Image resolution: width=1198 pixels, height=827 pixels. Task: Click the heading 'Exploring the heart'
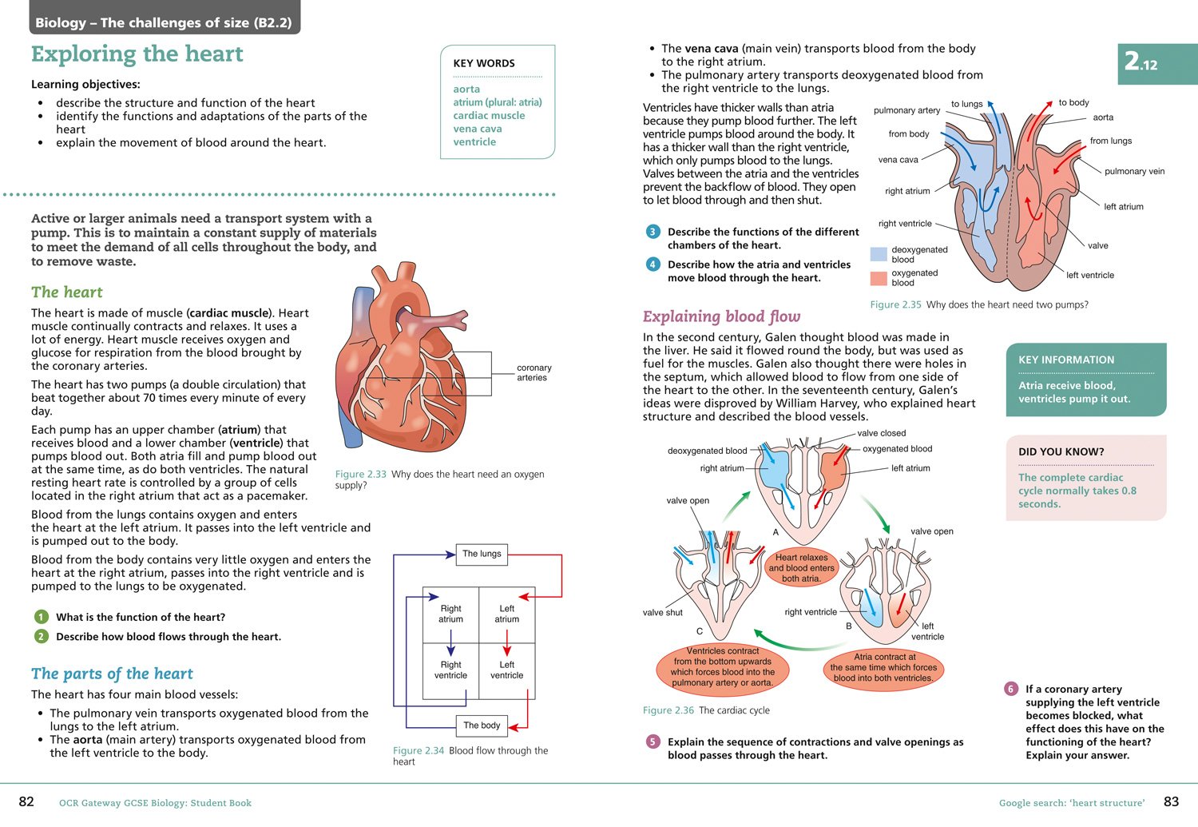pos(137,54)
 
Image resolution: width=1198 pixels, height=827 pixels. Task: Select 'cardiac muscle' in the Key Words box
pos(489,115)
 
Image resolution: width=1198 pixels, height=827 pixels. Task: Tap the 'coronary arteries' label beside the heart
pos(534,372)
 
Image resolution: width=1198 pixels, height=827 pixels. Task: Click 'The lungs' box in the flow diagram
pos(482,554)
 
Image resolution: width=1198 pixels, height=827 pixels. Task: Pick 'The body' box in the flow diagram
pos(482,726)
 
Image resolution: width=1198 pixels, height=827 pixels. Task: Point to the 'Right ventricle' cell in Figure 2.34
pos(450,670)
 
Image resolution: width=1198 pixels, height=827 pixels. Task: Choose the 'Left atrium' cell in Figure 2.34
pos(506,614)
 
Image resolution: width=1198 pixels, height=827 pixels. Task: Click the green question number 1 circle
pos(41,617)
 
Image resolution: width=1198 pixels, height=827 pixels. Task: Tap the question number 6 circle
pos(1011,689)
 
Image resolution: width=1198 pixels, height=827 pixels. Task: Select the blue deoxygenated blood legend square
pos(879,255)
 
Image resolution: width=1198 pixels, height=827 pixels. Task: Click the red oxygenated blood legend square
pos(879,278)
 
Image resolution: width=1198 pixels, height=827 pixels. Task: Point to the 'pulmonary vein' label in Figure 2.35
pos(1134,171)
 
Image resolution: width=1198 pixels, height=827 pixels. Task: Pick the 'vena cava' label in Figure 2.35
pos(898,160)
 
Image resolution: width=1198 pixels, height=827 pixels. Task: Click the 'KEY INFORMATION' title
pos(1066,360)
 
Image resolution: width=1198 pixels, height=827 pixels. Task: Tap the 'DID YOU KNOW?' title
pos(1061,451)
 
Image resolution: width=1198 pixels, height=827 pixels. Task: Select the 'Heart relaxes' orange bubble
pos(801,567)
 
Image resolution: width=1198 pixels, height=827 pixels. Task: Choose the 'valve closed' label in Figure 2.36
pos(881,433)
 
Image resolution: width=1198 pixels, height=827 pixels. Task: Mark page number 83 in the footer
pos(1171,801)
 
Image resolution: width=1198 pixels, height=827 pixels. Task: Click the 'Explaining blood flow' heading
pos(721,316)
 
